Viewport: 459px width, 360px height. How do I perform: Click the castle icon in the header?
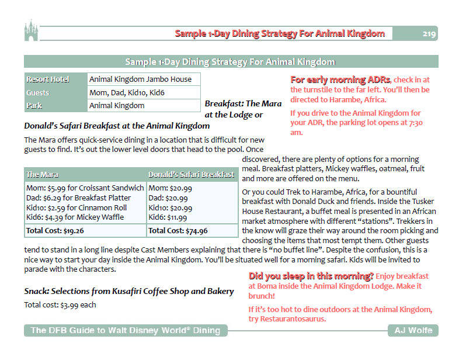(30, 30)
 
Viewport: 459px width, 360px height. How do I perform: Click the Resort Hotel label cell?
(55, 79)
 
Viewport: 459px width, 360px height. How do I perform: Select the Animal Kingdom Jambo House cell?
(143, 79)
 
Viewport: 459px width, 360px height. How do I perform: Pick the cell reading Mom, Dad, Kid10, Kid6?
(143, 92)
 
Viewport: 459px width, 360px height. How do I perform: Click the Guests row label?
(55, 92)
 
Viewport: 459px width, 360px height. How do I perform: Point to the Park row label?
(55, 106)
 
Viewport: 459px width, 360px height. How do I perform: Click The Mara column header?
(85, 175)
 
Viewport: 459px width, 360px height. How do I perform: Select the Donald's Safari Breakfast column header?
(192, 175)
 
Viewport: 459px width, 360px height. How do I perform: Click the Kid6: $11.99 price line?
(168, 217)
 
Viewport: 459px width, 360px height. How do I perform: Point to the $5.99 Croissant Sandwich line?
(85, 188)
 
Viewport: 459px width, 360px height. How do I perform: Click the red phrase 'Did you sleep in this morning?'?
(311, 276)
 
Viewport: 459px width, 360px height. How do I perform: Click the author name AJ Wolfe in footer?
(412, 331)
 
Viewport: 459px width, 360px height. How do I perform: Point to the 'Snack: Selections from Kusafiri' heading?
(128, 291)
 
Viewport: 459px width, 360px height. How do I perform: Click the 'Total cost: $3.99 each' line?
(60, 304)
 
